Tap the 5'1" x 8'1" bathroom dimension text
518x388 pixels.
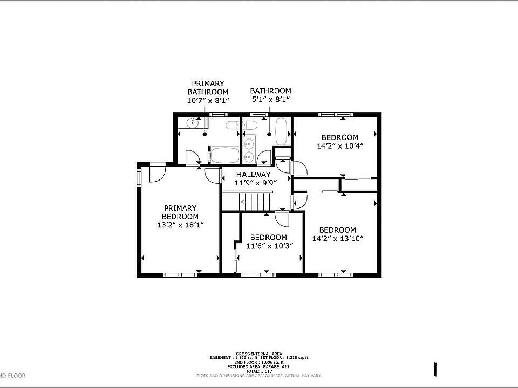[x=270, y=100]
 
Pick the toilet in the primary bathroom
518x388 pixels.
[x=231, y=127]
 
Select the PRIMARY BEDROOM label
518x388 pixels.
[x=180, y=212]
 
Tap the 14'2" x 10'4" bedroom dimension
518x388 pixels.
[x=339, y=145]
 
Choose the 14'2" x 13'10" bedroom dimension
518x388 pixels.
[x=337, y=238]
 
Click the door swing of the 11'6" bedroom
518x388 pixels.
[x=281, y=220]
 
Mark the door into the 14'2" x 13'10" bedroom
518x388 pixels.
[x=298, y=201]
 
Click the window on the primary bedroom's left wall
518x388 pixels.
[x=139, y=177]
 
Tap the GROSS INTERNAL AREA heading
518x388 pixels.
[x=259, y=353]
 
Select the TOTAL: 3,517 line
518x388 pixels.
[x=259, y=371]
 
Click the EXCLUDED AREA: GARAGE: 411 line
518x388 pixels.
[x=259, y=366]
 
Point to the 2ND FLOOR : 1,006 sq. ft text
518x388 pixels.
[x=259, y=362]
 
